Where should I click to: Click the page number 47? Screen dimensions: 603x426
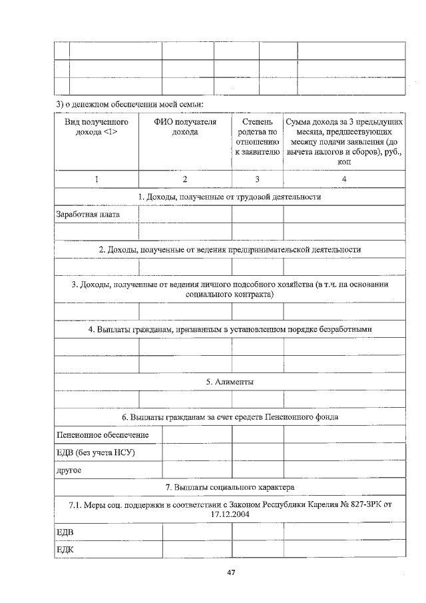tap(230, 572)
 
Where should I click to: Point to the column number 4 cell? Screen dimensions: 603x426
tap(343, 179)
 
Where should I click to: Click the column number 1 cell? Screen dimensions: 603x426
tap(97, 179)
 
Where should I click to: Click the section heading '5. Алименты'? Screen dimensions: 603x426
tap(230, 382)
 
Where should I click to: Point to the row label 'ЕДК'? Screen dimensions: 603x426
tap(65, 549)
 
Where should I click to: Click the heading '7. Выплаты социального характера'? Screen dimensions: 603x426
tap(230, 487)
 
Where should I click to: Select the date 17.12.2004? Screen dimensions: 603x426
tap(230, 515)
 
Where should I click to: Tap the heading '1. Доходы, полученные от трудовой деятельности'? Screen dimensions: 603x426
tap(230, 197)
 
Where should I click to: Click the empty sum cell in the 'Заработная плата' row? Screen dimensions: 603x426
tap(343, 215)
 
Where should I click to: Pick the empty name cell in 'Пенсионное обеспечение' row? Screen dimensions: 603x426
tap(196, 435)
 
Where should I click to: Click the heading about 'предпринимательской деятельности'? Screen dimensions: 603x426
tap(230, 249)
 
